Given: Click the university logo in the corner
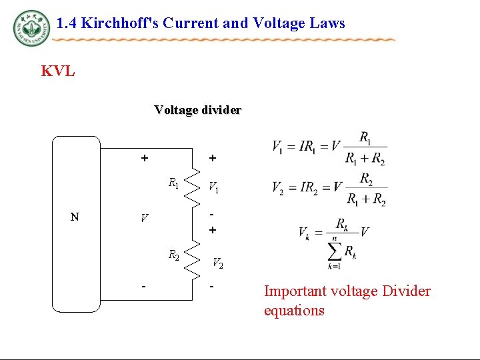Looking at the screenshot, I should click(x=31, y=28).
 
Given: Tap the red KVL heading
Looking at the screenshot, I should click(x=58, y=71).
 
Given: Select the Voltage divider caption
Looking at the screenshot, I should click(x=197, y=109).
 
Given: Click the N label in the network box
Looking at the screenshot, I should click(x=75, y=217).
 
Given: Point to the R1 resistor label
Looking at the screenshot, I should click(x=173, y=182).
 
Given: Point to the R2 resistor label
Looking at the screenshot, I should click(x=173, y=254).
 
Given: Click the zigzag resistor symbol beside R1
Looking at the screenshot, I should click(x=193, y=182).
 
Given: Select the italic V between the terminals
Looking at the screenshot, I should click(x=143, y=218).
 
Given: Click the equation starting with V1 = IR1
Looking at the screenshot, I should click(x=329, y=148).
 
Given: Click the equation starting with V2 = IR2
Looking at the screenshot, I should click(x=329, y=187).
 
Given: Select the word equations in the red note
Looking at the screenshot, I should click(x=294, y=311).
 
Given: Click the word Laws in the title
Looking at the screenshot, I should click(x=331, y=23).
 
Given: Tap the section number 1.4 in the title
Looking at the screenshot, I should click(x=65, y=23).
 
